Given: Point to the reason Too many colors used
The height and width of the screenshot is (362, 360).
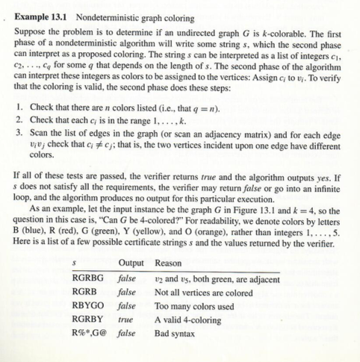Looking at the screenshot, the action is pyautogui.click(x=194, y=307).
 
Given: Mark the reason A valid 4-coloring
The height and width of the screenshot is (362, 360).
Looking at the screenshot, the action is pyautogui.click(x=190, y=319).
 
